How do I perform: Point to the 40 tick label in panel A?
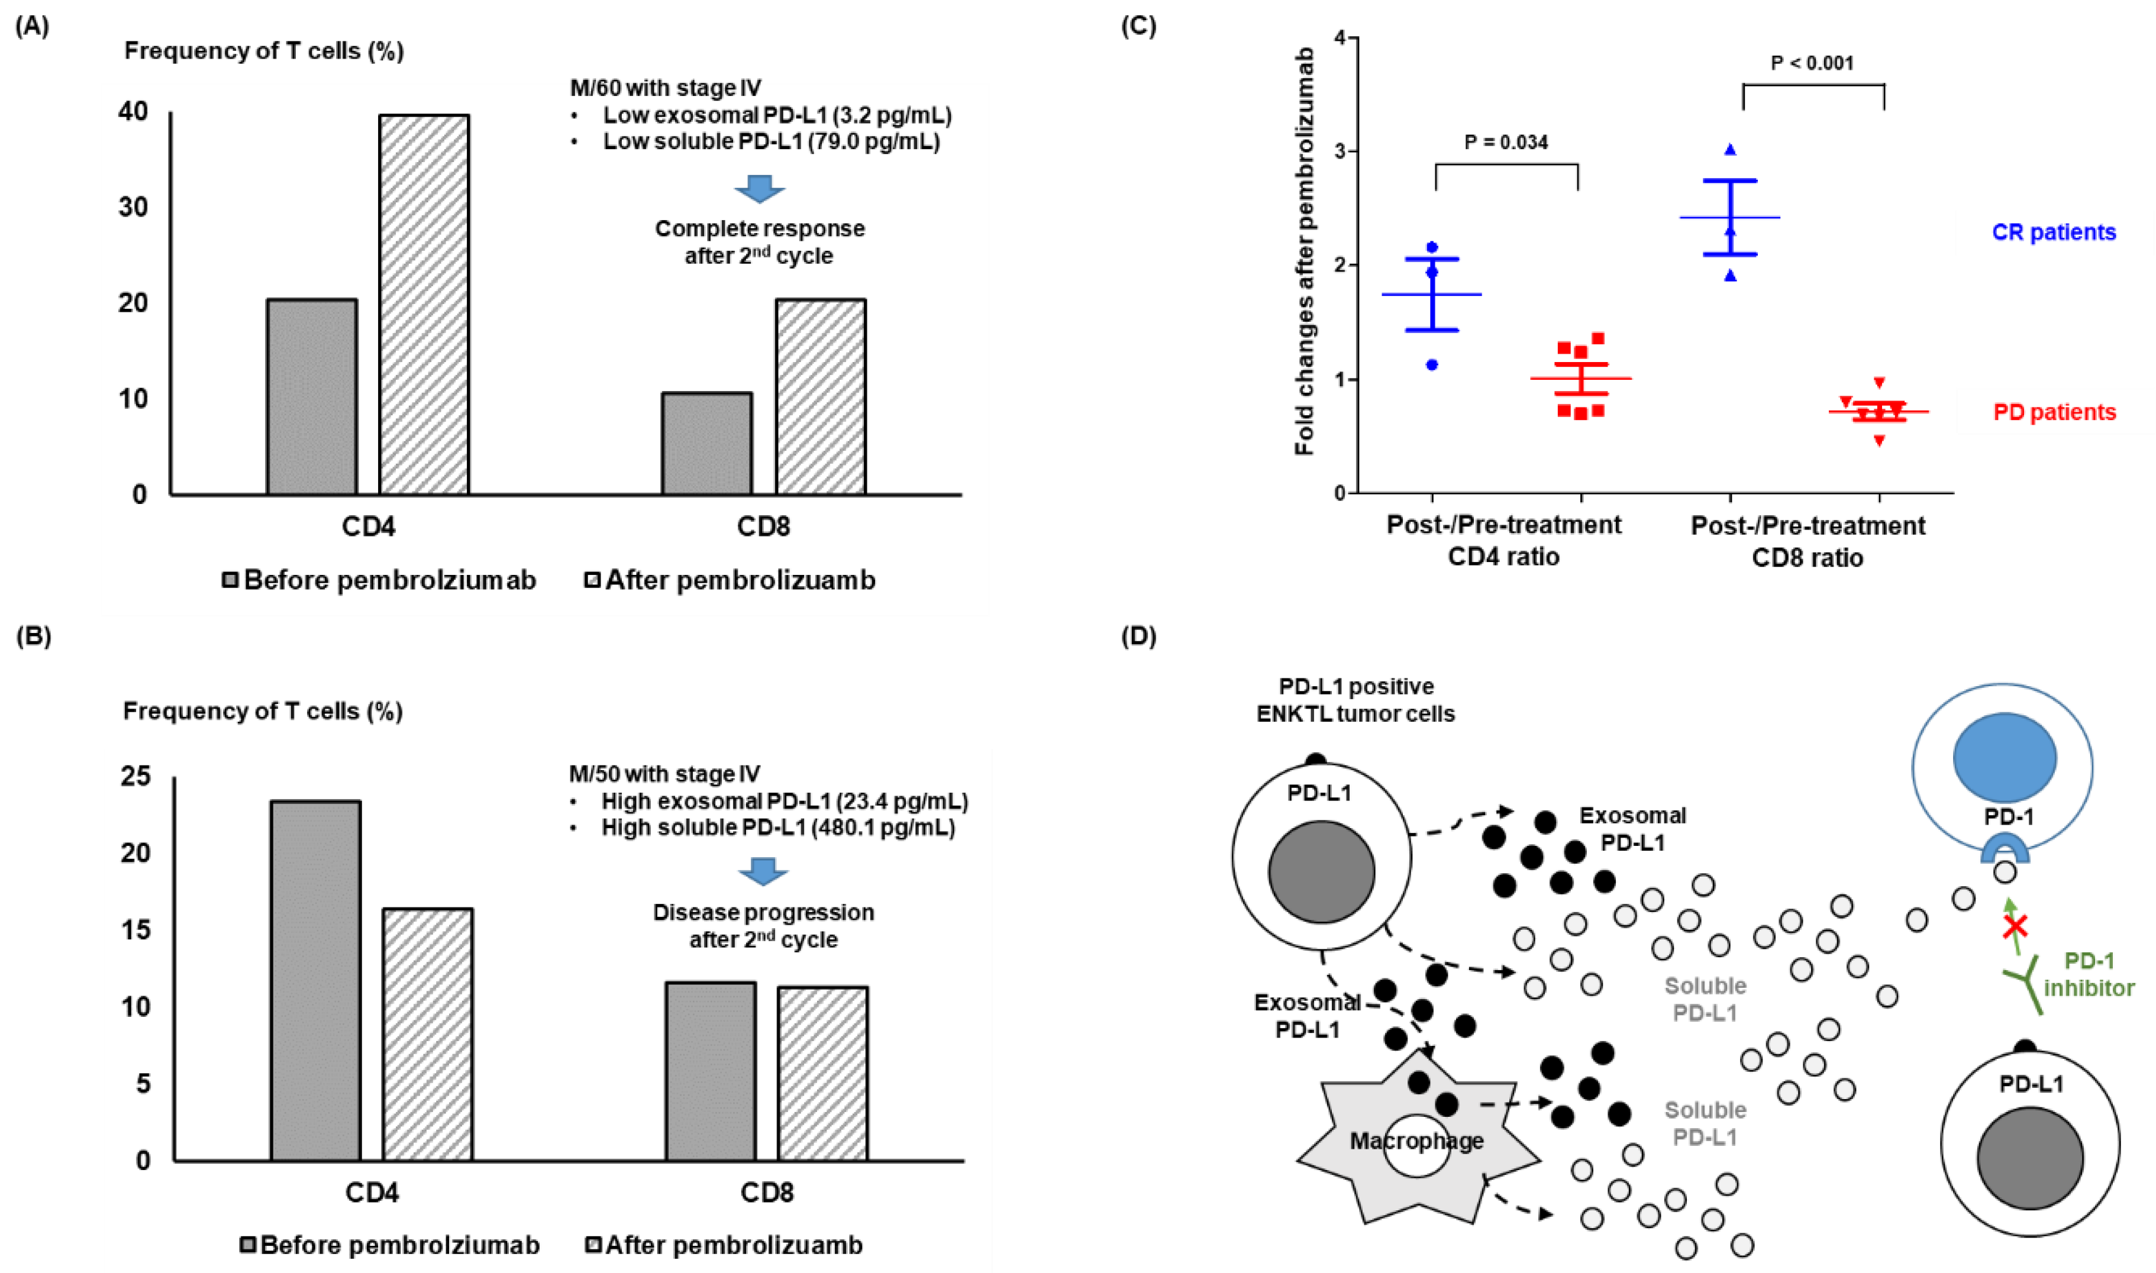pyautogui.click(x=133, y=112)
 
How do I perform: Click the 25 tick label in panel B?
pyautogui.click(x=135, y=776)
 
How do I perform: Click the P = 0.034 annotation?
pyautogui.click(x=1506, y=143)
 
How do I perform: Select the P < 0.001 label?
pyautogui.click(x=1812, y=63)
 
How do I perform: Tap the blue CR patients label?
pyautogui.click(x=2053, y=232)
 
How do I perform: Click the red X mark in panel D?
pyautogui.click(x=2015, y=926)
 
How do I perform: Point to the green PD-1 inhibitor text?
pyautogui.click(x=2088, y=974)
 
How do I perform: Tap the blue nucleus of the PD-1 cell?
pyautogui.click(x=2004, y=757)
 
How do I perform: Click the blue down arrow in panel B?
pyautogui.click(x=763, y=871)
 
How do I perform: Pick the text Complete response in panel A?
pyautogui.click(x=759, y=229)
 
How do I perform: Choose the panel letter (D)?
pyautogui.click(x=1138, y=636)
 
